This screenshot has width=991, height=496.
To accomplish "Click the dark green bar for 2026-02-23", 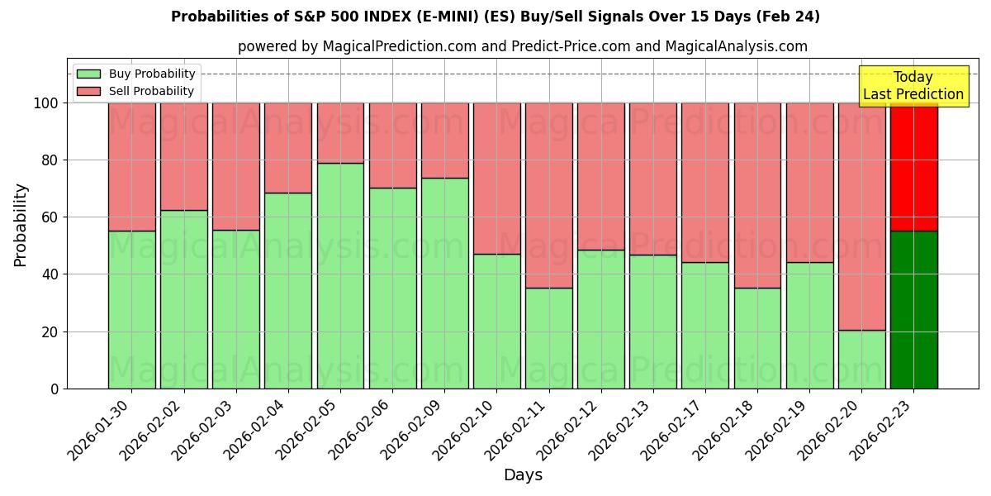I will pyautogui.click(x=913, y=309).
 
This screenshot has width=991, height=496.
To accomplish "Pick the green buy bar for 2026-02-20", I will pyautogui.click(x=861, y=360).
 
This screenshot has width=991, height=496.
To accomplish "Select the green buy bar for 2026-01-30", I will pyautogui.click(x=131, y=309).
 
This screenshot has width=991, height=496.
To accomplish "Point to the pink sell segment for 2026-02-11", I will pyautogui.click(x=548, y=195).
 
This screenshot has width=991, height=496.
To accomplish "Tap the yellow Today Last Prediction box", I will pyautogui.click(x=913, y=86).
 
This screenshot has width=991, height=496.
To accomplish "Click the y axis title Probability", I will pyautogui.click(x=21, y=225).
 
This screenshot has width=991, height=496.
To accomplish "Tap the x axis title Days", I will pyautogui.click(x=523, y=475).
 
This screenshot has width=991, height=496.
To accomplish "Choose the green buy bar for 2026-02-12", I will pyautogui.click(x=600, y=319).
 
